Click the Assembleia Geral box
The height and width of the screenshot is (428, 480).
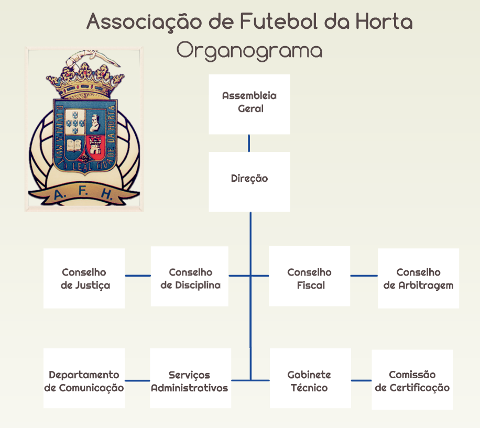point(249,104)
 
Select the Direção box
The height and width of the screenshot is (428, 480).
point(249,182)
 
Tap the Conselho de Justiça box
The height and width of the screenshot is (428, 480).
point(84,278)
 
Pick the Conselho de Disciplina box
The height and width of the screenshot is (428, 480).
point(190,276)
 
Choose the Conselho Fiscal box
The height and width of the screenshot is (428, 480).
point(309,276)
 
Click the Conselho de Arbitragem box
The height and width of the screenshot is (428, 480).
point(418,278)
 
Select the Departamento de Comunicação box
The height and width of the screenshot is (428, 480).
point(84,378)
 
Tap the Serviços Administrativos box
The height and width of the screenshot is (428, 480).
point(190,378)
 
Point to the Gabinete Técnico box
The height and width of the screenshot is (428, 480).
point(310,378)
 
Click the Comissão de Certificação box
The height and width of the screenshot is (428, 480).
point(412,380)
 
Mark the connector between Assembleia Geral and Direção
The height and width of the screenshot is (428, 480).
point(249,143)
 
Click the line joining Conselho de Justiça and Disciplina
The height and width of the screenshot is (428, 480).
point(138,276)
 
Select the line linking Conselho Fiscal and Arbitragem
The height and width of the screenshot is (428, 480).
point(364,276)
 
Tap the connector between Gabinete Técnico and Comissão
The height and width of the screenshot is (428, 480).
point(361,380)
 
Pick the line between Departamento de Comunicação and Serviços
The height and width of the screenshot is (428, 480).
point(137,380)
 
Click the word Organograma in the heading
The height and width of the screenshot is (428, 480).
point(249,50)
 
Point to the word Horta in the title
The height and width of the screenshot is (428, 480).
point(384,21)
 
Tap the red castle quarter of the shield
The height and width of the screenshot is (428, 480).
point(96,146)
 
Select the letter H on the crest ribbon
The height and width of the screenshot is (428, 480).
point(107,194)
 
